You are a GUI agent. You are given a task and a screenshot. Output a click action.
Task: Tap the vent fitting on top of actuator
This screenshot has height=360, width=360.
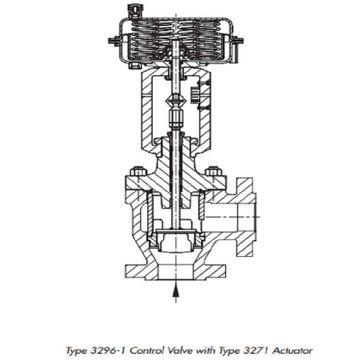click(131, 8)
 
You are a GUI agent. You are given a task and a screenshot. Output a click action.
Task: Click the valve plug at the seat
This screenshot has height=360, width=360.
click(176, 240)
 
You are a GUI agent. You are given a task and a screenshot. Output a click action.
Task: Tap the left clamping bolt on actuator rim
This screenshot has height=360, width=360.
click(114, 41)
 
